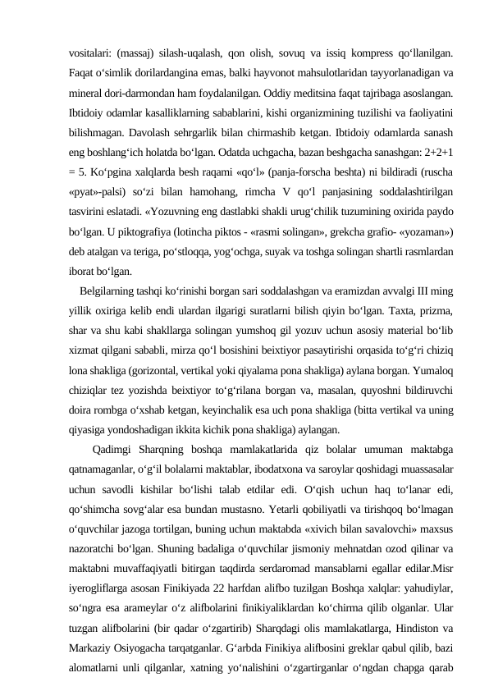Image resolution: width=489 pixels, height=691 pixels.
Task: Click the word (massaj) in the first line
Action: pyautogui.click(x=139, y=53)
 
